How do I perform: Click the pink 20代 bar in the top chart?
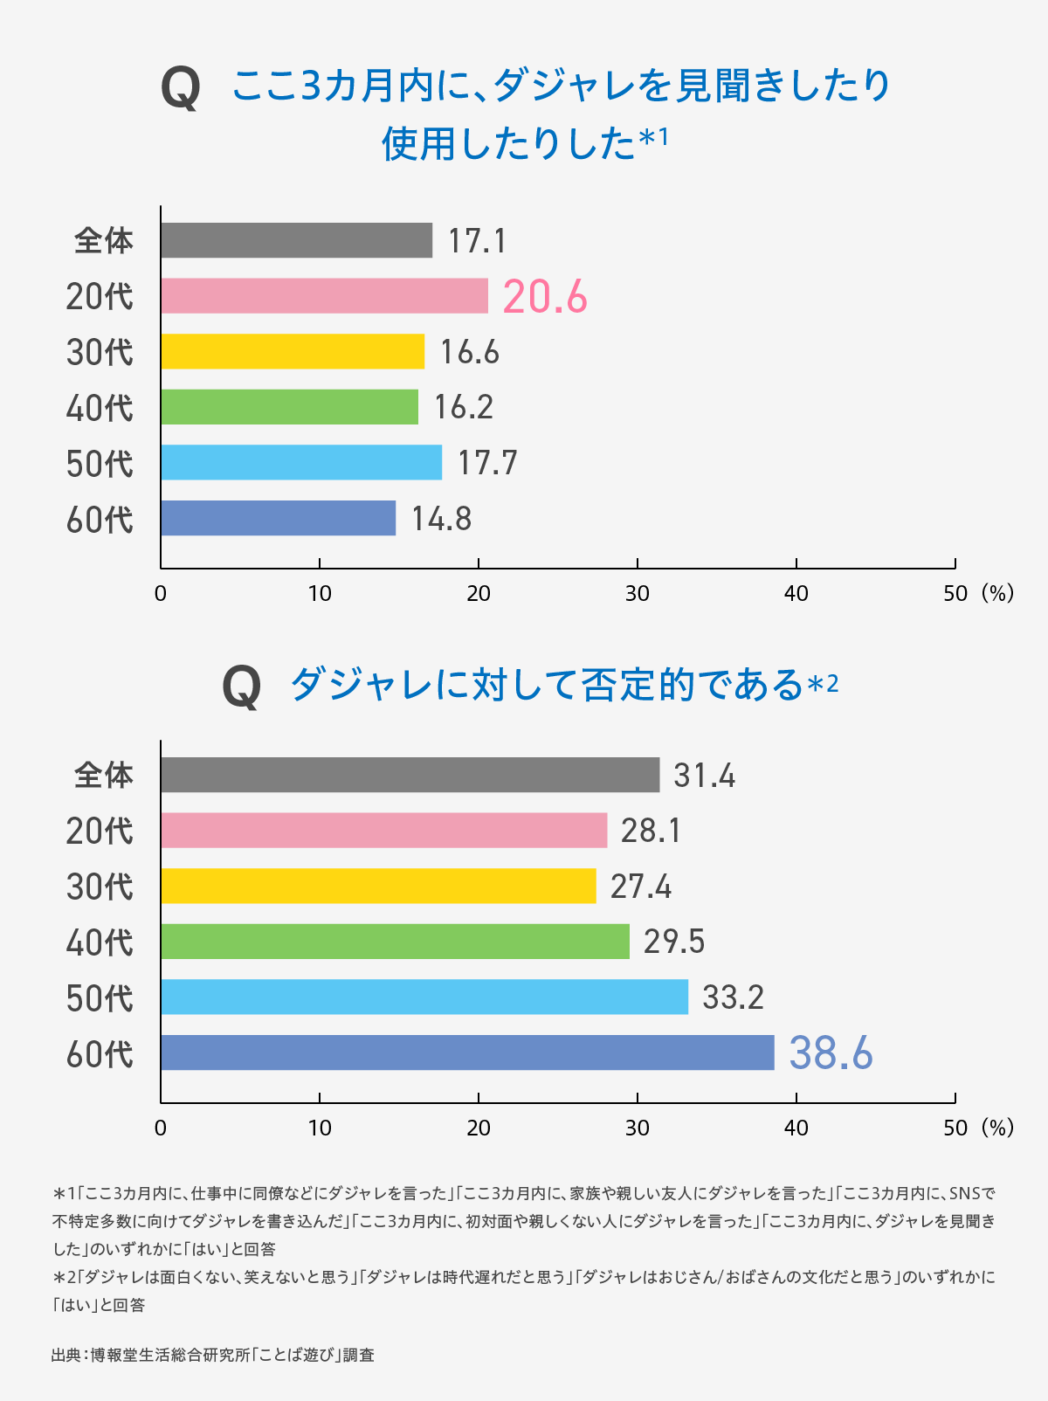(x=324, y=296)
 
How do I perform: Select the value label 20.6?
(x=545, y=297)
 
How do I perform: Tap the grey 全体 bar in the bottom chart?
(x=410, y=775)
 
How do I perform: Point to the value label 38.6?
(x=831, y=1053)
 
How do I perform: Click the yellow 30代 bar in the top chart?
(x=293, y=351)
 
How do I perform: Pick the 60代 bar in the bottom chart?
(x=467, y=1052)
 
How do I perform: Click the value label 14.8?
(x=441, y=519)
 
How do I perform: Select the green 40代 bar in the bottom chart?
(x=395, y=942)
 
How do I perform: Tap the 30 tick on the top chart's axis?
(x=638, y=594)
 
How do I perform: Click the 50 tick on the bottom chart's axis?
(x=955, y=1128)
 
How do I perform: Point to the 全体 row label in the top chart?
(x=104, y=240)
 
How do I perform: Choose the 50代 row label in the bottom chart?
(x=100, y=998)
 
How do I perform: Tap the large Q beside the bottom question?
(x=241, y=687)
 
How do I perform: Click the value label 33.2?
(x=733, y=997)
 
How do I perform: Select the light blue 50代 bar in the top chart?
(x=301, y=462)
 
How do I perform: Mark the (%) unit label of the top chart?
(x=996, y=594)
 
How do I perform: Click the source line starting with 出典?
(x=213, y=1355)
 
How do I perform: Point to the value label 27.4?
(x=641, y=887)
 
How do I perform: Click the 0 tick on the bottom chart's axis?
(x=161, y=1128)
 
